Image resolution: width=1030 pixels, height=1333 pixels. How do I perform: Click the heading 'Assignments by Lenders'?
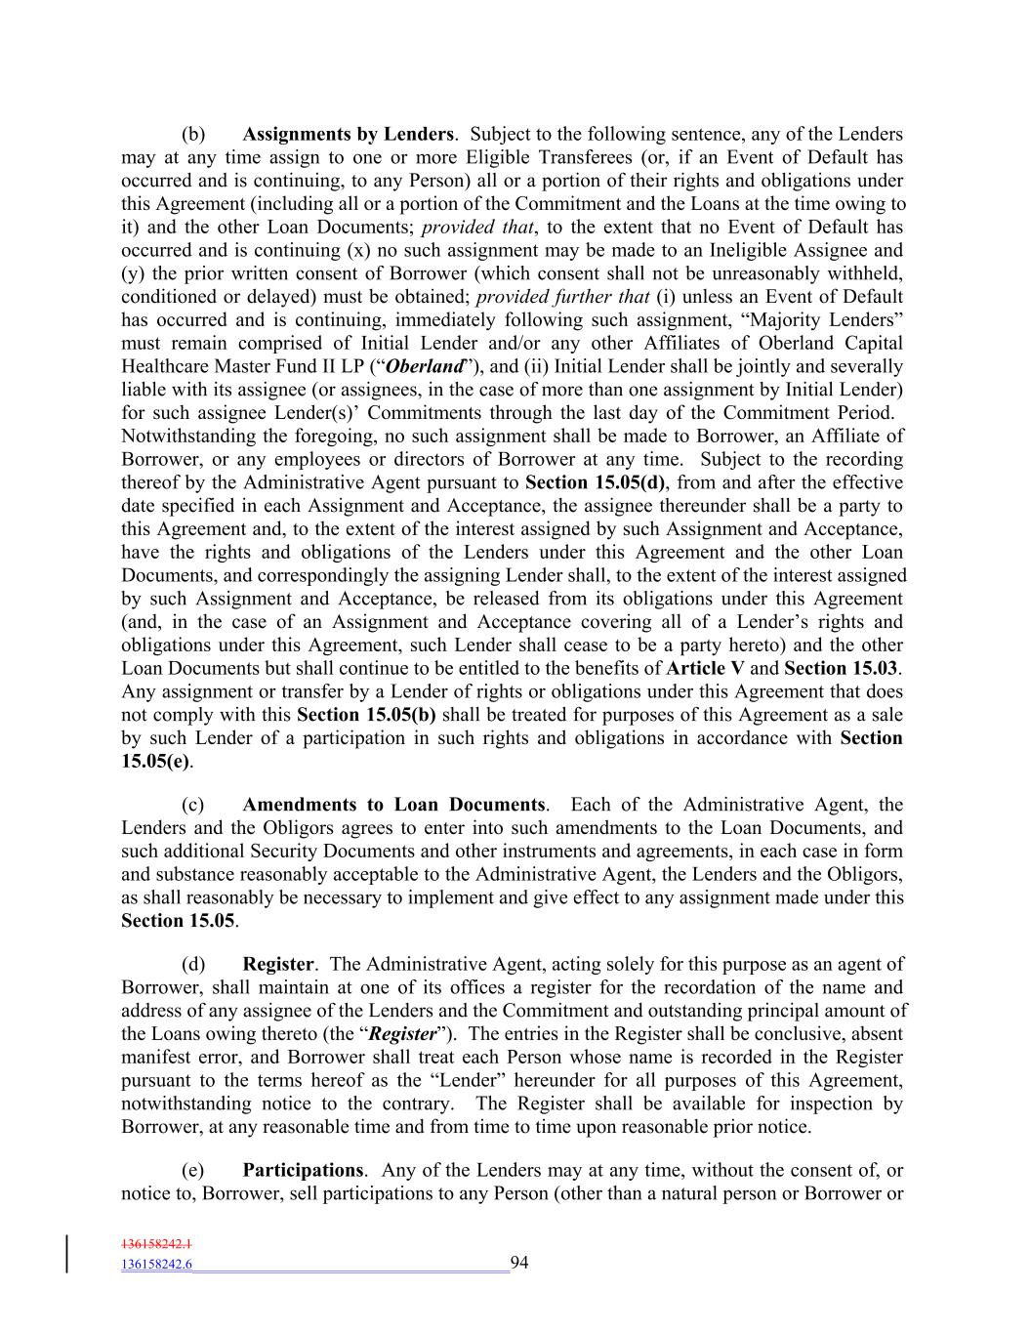(x=348, y=134)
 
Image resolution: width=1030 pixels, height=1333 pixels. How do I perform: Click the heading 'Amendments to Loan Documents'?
(x=393, y=805)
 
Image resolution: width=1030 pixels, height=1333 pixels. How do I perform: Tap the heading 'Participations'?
(x=303, y=1170)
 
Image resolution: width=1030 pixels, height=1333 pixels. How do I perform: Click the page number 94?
(x=519, y=1263)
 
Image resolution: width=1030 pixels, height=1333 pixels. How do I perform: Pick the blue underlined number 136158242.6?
(x=157, y=1265)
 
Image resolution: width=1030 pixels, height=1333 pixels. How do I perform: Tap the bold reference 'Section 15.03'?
(x=842, y=668)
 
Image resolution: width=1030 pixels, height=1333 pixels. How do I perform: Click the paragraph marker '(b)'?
(x=193, y=134)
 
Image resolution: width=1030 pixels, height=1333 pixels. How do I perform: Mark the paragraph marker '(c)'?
(x=193, y=805)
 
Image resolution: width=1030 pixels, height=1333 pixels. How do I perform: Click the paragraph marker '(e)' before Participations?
(x=193, y=1170)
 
